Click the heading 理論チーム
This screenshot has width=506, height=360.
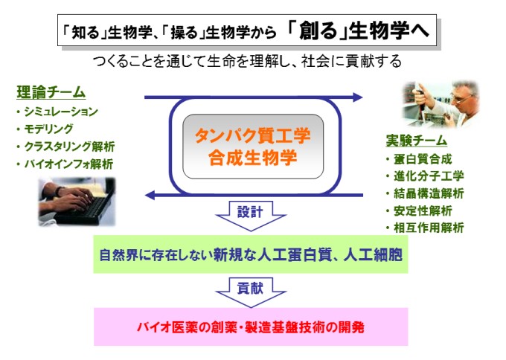(51, 92)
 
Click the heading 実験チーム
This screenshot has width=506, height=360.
(417, 141)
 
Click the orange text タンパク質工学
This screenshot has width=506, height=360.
(253, 135)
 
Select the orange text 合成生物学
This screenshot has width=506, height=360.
(253, 158)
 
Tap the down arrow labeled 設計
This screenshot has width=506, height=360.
(251, 216)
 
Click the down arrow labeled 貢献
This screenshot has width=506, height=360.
(251, 292)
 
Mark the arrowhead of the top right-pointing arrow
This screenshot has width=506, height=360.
(358, 97)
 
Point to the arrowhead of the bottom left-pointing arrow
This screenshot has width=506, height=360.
(150, 195)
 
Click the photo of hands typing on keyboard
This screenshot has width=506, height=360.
(77, 202)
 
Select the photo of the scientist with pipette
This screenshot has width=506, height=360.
(441, 103)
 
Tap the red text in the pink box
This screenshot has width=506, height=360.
(251, 327)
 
